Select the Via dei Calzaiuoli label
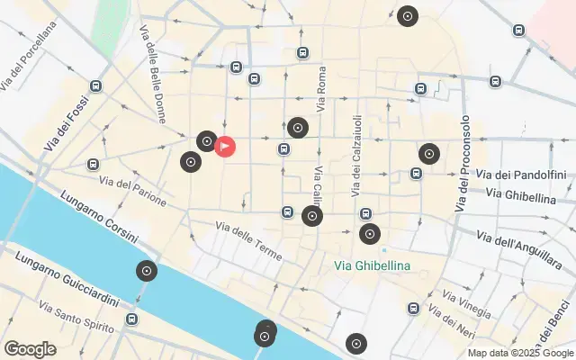click(x=357, y=157)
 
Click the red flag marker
click(x=225, y=145)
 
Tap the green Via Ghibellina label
click(x=372, y=265)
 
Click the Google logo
click(x=30, y=349)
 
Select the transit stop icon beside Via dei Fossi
click(x=95, y=85)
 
